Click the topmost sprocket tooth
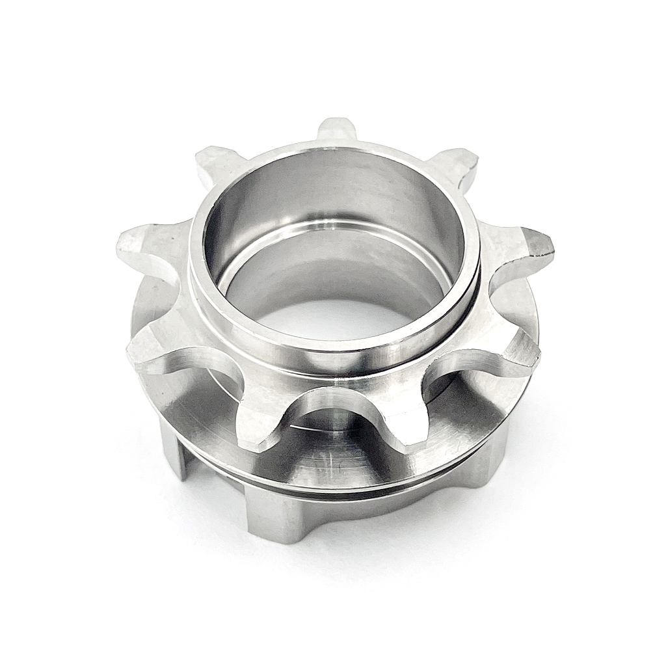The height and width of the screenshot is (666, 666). coord(336,130)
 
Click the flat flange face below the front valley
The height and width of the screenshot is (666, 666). coord(332,455)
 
